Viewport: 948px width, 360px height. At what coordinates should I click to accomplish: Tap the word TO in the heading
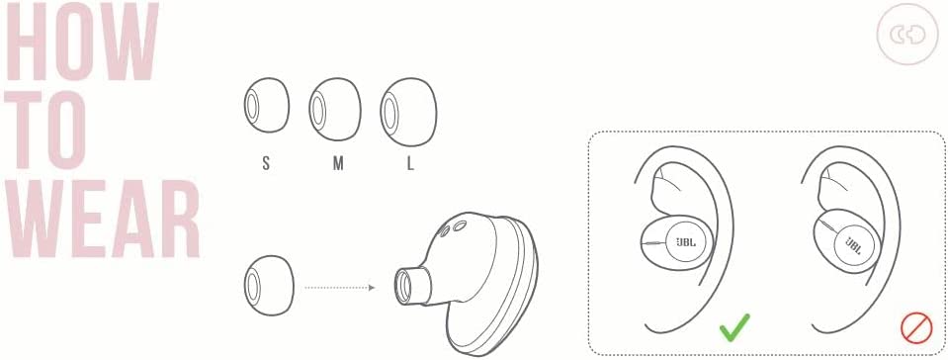pyautogui.click(x=48, y=131)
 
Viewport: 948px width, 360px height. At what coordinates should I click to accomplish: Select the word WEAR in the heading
pyautogui.click(x=103, y=219)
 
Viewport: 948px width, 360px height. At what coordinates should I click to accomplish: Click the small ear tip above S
pyautogui.click(x=267, y=105)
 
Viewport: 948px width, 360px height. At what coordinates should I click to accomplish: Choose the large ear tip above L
pyautogui.click(x=408, y=112)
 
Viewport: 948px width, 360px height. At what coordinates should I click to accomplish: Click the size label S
pyautogui.click(x=266, y=163)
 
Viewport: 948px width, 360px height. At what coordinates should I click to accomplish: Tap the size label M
pyautogui.click(x=338, y=163)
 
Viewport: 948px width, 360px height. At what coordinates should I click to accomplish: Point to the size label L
pyautogui.click(x=410, y=163)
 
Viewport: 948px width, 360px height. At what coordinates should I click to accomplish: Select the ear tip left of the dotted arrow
pyautogui.click(x=269, y=285)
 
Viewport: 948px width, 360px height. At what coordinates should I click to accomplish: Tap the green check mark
pyautogui.click(x=734, y=326)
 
